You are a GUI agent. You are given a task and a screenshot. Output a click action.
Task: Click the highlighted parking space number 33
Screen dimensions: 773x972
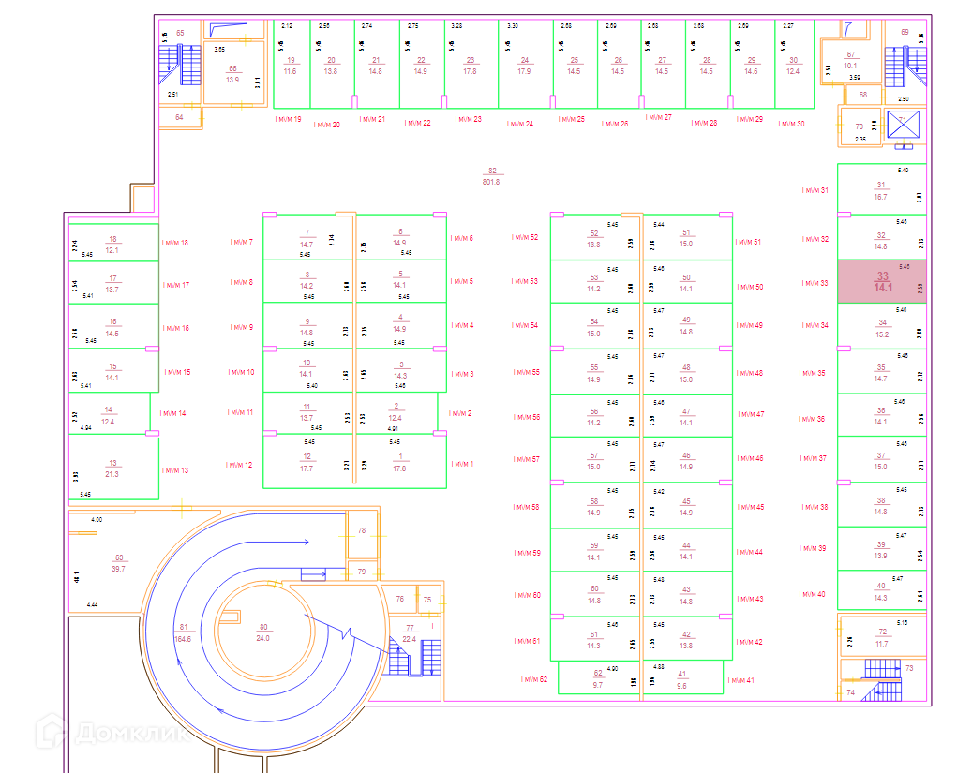[881, 281]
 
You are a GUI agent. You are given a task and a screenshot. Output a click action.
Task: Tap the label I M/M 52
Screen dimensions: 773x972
[525, 237]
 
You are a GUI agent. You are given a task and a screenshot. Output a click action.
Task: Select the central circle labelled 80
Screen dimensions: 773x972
[262, 632]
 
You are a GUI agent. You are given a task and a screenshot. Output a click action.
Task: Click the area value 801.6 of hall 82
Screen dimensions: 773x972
[491, 182]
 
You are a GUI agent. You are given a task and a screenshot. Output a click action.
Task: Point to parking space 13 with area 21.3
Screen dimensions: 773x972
[112, 468]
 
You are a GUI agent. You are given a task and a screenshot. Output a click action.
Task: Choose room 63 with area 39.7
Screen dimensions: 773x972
[118, 563]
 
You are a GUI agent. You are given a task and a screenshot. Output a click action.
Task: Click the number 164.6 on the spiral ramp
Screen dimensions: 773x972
[183, 639]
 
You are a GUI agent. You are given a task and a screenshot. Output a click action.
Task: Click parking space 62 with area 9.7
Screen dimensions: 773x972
[598, 679]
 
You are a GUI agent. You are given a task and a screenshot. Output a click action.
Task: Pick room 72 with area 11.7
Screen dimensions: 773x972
[882, 638]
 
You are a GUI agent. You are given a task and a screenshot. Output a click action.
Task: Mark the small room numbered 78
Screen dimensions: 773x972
[362, 530]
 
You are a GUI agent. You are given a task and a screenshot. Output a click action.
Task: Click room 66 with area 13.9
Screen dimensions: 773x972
[232, 74]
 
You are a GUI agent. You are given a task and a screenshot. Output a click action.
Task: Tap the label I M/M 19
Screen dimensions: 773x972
[288, 120]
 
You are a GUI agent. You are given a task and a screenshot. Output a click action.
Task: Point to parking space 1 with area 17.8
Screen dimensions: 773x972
[400, 462]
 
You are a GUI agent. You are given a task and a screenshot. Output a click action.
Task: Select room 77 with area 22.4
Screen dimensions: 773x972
[409, 633]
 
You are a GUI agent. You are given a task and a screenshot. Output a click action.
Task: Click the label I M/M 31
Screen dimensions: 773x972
[815, 190]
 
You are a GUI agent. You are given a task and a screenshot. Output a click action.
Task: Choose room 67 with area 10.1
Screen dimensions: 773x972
[851, 60]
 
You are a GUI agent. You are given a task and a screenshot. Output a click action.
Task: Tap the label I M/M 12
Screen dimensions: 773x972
[239, 465]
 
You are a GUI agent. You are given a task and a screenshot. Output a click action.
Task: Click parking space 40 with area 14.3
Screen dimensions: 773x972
[880, 592]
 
